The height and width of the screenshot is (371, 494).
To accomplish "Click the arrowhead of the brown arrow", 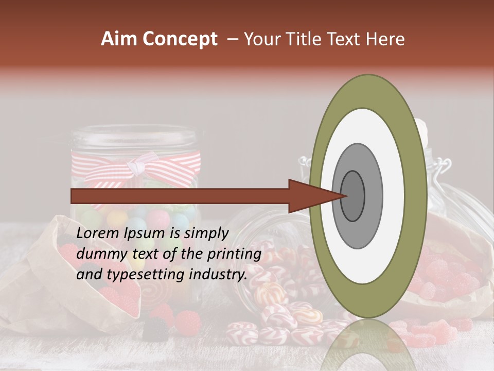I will coord(314,196).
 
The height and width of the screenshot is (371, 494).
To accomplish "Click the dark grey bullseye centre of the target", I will coord(353,196).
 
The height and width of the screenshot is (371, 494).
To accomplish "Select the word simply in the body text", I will coord(205,233).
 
